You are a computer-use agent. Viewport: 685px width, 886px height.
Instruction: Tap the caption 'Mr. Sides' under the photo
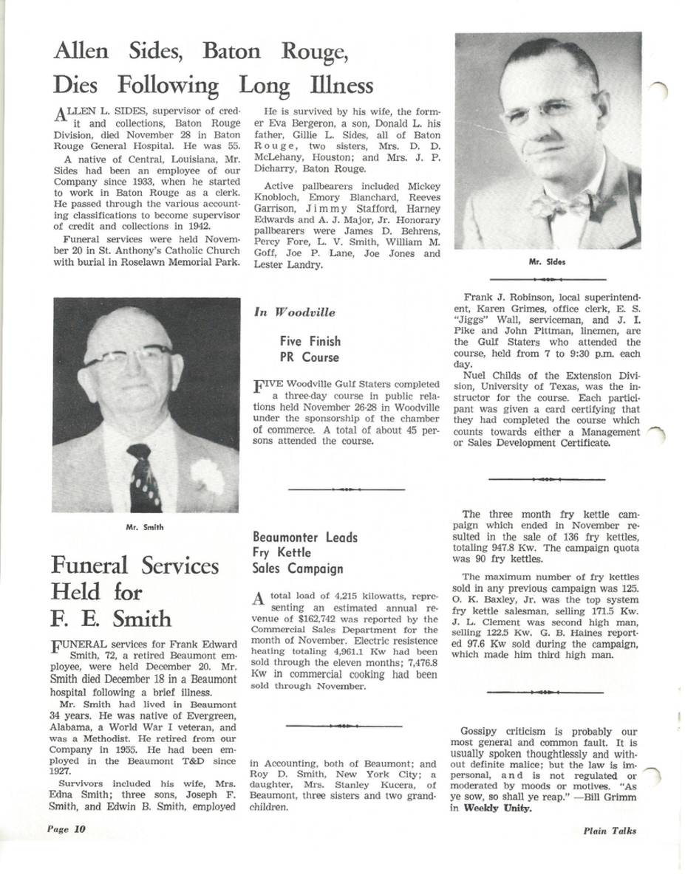(x=547, y=261)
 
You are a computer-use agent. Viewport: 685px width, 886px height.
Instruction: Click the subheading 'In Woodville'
(x=294, y=312)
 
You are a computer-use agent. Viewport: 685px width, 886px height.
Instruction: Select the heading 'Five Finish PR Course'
(x=310, y=349)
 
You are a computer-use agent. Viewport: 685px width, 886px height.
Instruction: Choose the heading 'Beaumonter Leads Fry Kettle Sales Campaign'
(x=304, y=553)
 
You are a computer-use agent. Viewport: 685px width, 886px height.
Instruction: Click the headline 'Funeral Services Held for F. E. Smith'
(x=134, y=591)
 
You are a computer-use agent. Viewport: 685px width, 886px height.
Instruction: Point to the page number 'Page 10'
(x=66, y=829)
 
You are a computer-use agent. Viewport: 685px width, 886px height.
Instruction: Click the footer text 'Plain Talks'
(x=609, y=830)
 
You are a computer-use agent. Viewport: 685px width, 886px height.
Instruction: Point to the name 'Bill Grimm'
(x=610, y=797)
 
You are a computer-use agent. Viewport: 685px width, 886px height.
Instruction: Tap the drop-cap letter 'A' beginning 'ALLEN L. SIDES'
(x=61, y=114)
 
